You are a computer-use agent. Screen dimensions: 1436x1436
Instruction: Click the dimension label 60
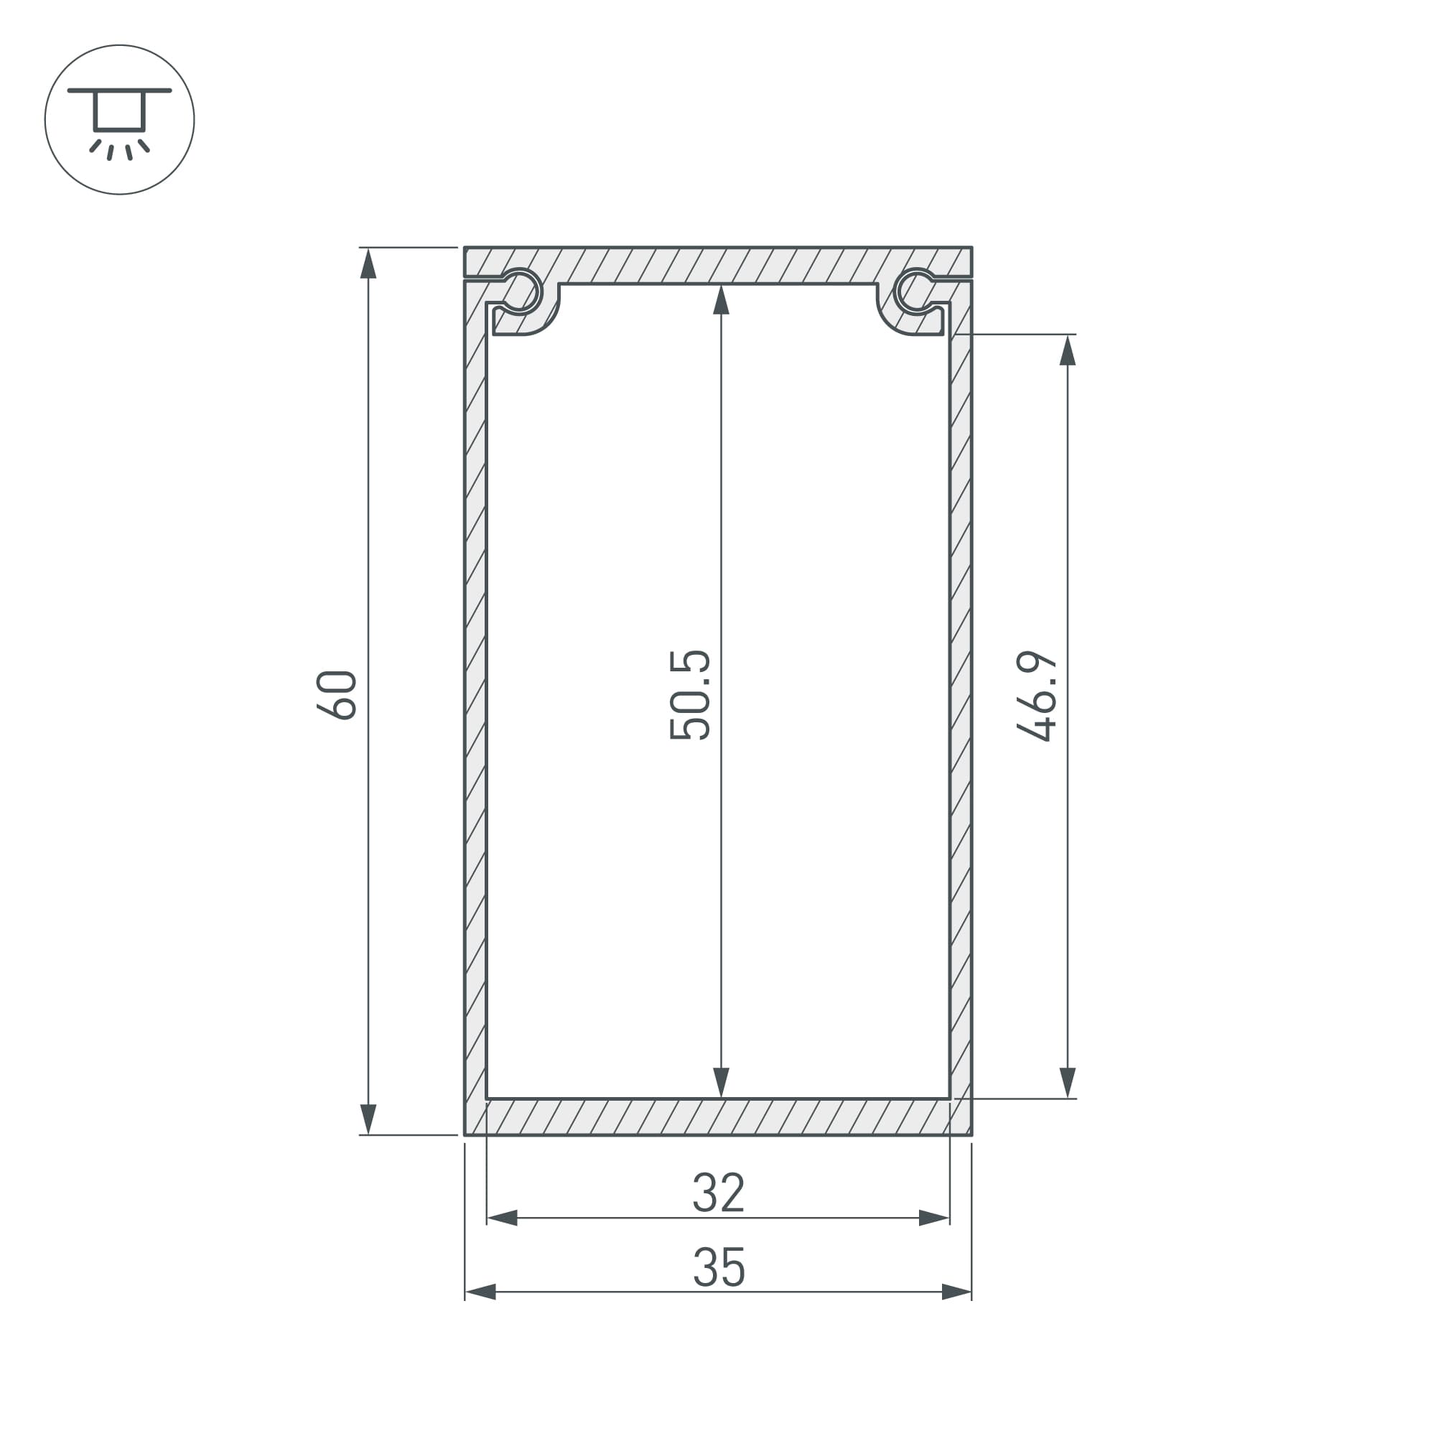coord(337,695)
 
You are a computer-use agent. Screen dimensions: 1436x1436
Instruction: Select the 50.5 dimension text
coord(690,695)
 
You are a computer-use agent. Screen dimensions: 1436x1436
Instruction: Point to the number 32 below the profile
coord(718,1193)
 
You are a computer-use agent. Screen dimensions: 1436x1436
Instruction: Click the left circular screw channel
coord(522,291)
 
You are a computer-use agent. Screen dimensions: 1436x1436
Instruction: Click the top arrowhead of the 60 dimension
coord(368,263)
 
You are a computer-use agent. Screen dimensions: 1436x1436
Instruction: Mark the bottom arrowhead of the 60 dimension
coord(368,1119)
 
